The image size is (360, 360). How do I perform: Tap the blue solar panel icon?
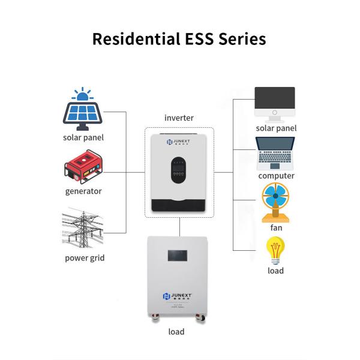pos(83,115)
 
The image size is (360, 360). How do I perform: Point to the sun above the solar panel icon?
pos(81,94)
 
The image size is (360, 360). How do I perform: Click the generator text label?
pos(83,191)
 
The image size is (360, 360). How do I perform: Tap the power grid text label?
pos(85,259)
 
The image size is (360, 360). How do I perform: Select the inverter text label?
pos(179,118)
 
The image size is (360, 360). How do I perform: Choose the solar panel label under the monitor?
pos(276,128)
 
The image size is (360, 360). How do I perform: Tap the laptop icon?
pos(275,152)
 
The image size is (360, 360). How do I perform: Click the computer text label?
pos(276,176)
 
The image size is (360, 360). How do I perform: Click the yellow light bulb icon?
pos(275,250)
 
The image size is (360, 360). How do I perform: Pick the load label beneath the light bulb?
pos(275,271)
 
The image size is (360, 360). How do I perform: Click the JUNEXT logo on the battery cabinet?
pos(179,296)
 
